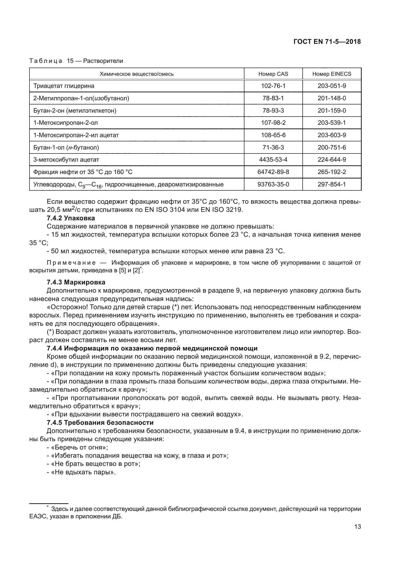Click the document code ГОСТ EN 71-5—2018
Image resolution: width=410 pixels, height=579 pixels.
pyautogui.click(x=327, y=42)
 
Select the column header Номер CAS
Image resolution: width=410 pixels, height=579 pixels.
pyautogui.click(x=273, y=74)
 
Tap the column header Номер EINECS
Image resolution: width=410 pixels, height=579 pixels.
pyautogui.click(x=332, y=74)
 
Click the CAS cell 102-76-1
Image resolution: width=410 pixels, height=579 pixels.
pyautogui.click(x=273, y=86)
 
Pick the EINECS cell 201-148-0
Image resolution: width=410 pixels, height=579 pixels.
pyautogui.click(x=332, y=98)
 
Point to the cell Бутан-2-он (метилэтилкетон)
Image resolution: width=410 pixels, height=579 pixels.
pyautogui.click(x=75, y=110)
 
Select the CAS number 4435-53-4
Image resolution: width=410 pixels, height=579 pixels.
pyautogui.click(x=273, y=160)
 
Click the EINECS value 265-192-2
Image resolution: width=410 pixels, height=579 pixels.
pyautogui.click(x=332, y=172)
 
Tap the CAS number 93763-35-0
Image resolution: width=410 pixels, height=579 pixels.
pyautogui.click(x=273, y=184)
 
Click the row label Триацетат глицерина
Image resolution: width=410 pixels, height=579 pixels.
pyautogui.click(x=64, y=86)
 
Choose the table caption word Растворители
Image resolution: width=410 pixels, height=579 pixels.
pyautogui.click(x=103, y=61)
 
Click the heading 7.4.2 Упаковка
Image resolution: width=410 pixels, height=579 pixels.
pyautogui.click(x=71, y=218)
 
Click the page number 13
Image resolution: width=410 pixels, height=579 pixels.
pyautogui.click(x=357, y=527)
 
